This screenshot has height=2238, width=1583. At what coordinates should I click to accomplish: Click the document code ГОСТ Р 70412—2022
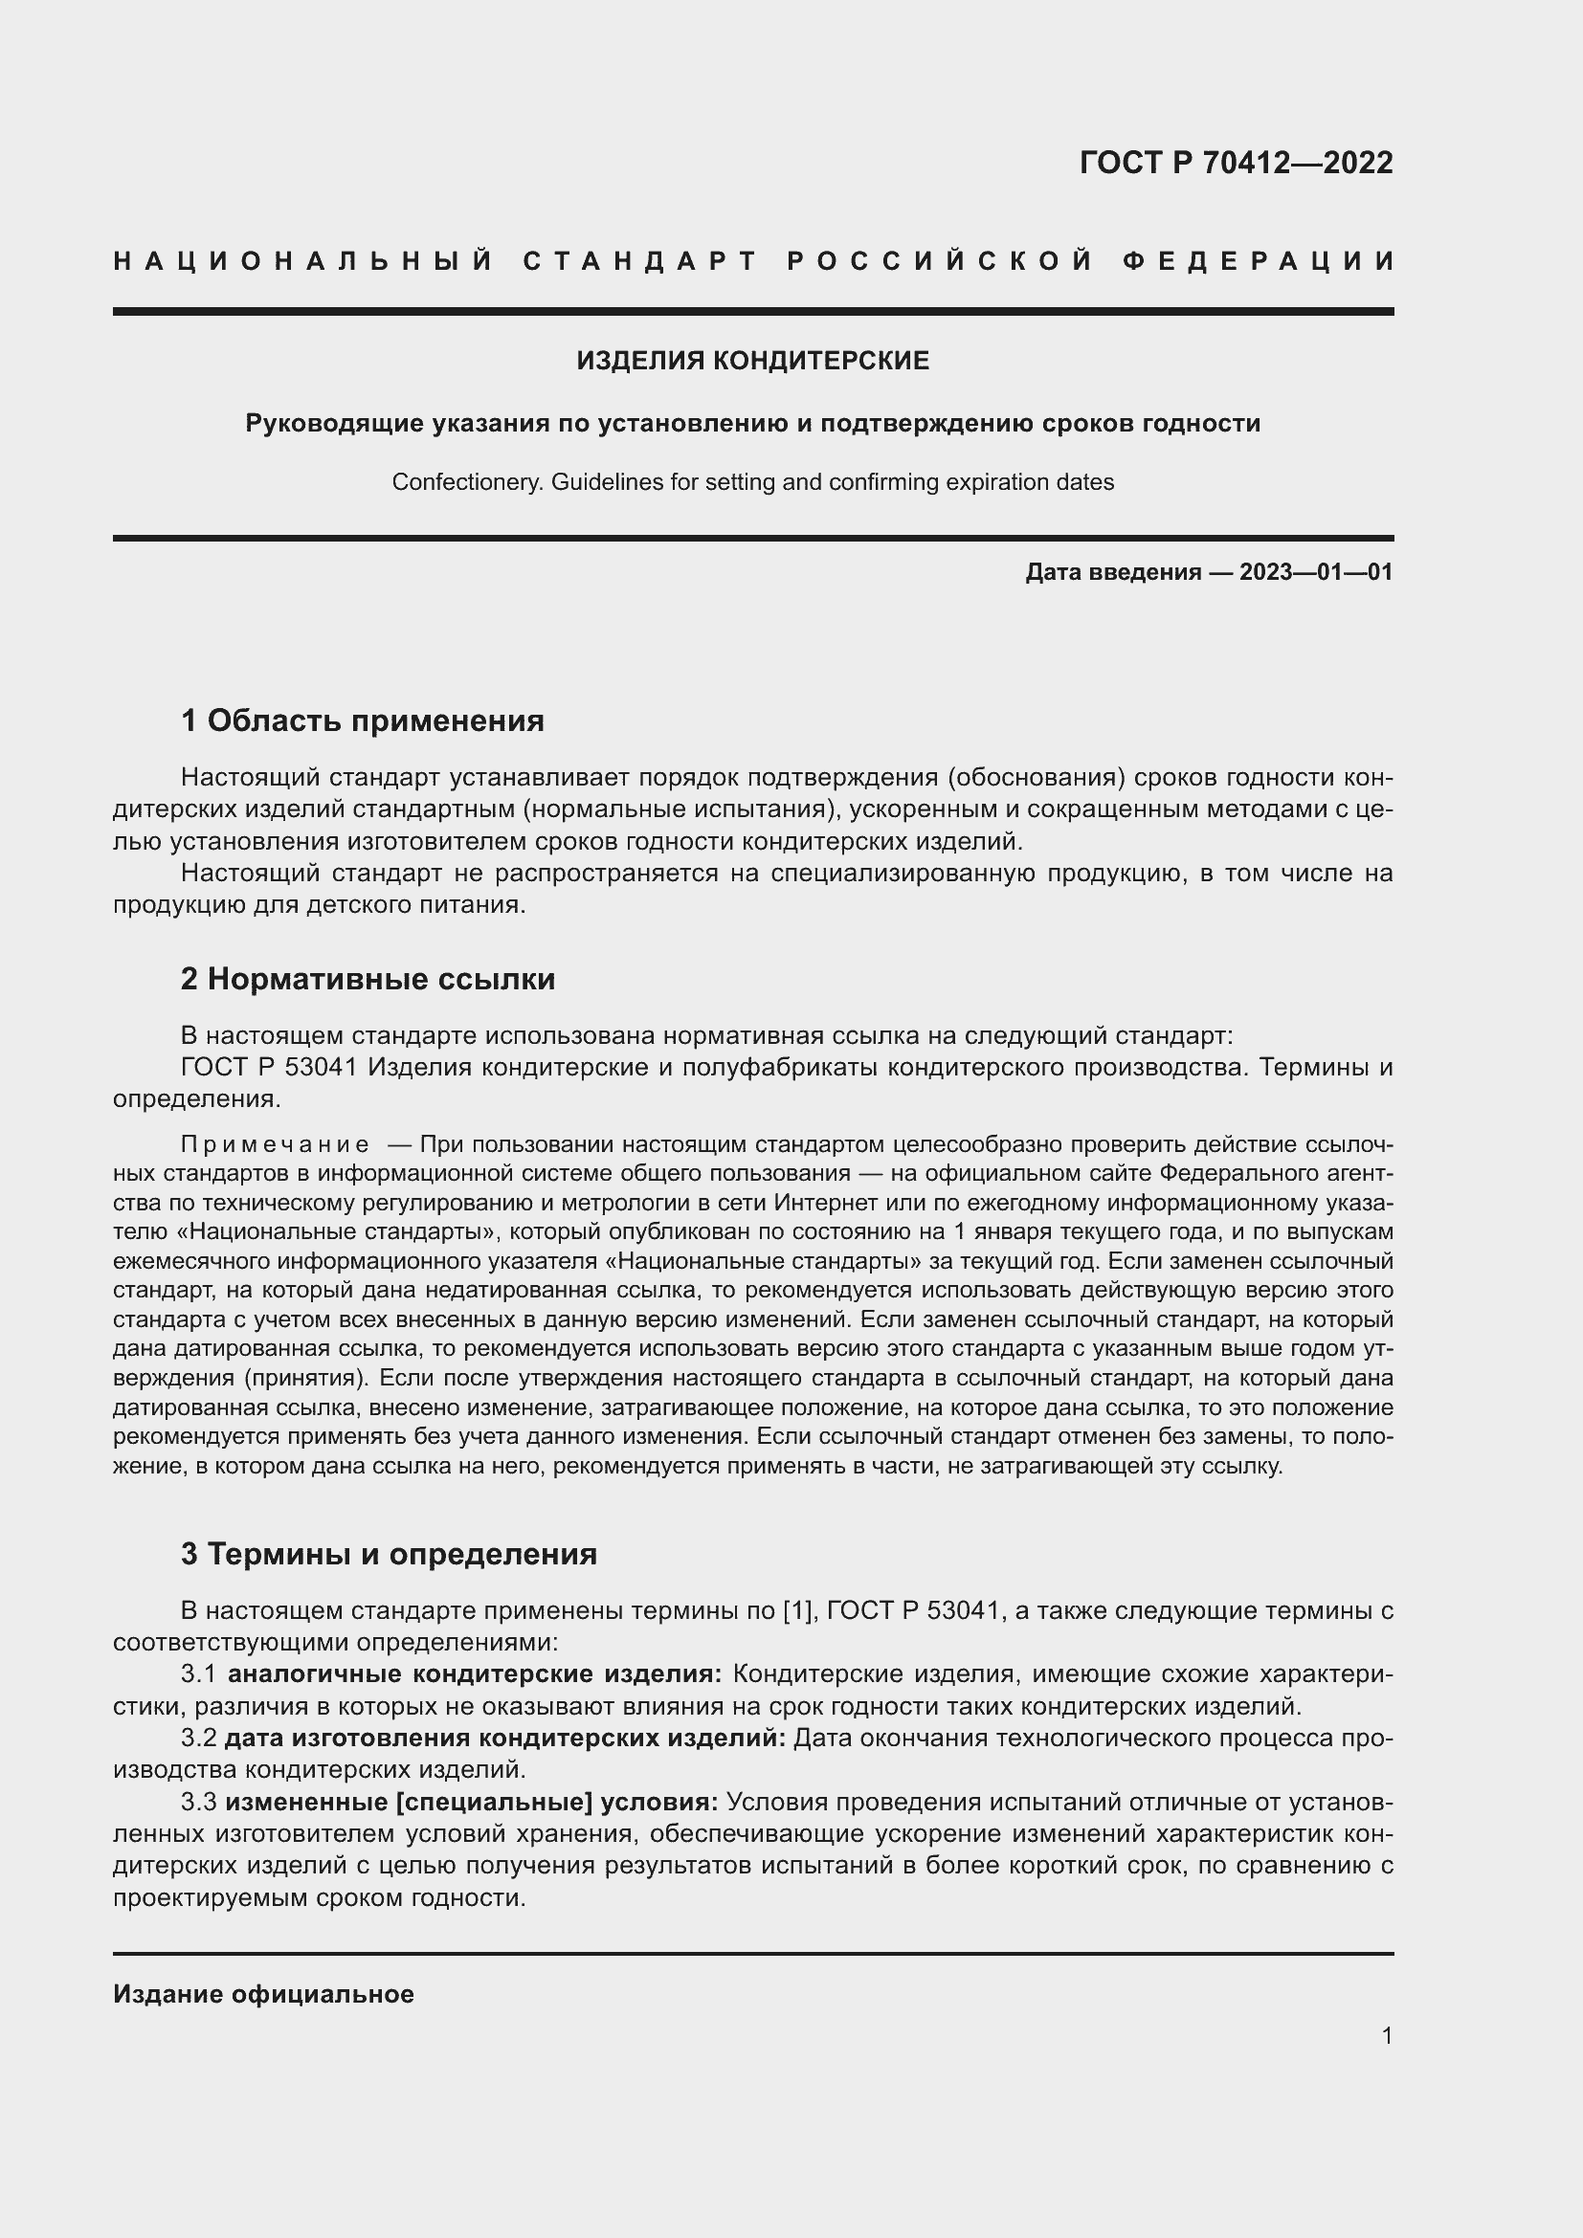[x=1235, y=163]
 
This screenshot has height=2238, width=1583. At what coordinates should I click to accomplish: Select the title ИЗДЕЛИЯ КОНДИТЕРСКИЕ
[x=752, y=361]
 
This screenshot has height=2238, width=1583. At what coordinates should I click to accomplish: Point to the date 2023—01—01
[x=1316, y=572]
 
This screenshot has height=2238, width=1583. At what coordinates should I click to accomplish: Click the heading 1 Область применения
[x=362, y=721]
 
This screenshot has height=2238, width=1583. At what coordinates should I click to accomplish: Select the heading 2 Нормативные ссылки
[x=368, y=979]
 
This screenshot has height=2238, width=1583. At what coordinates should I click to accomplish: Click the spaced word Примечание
[x=275, y=1144]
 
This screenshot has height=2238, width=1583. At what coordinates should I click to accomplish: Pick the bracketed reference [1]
[x=798, y=1611]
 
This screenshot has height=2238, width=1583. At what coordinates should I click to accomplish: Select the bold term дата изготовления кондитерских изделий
[x=505, y=1739]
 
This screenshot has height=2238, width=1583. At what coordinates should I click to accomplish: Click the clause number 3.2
[x=199, y=1739]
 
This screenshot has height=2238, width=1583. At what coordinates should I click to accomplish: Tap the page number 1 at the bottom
[x=1387, y=2035]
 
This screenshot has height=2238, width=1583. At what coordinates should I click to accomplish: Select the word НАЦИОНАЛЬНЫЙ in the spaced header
[x=303, y=261]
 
